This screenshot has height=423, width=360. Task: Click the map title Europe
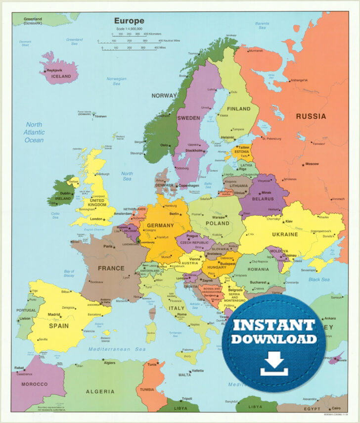coord(129,21)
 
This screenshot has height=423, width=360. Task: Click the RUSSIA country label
coord(311,117)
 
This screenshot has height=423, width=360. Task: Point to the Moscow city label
coord(312,164)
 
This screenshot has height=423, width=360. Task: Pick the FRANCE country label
coord(111,269)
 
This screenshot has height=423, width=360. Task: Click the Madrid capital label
coord(54,315)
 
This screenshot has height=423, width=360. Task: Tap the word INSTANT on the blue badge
coord(273,325)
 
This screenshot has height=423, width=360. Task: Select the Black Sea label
coord(318,280)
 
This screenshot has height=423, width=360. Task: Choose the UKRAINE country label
coord(286,234)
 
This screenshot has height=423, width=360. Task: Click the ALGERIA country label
coord(100,391)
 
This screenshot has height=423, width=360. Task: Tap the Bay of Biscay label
coord(69,273)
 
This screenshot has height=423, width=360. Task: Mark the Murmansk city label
coord(256,50)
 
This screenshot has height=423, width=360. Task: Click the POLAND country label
coord(217,223)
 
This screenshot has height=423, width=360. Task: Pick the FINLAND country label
coord(239,109)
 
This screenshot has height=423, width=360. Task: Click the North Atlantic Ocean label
coord(35,133)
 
